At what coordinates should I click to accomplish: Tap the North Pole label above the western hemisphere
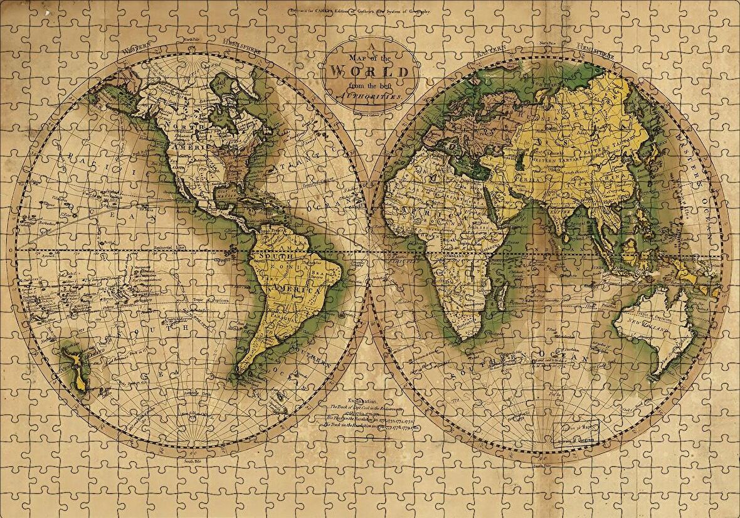[x=192, y=40]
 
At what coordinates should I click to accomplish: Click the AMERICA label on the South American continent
[x=295, y=290]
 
